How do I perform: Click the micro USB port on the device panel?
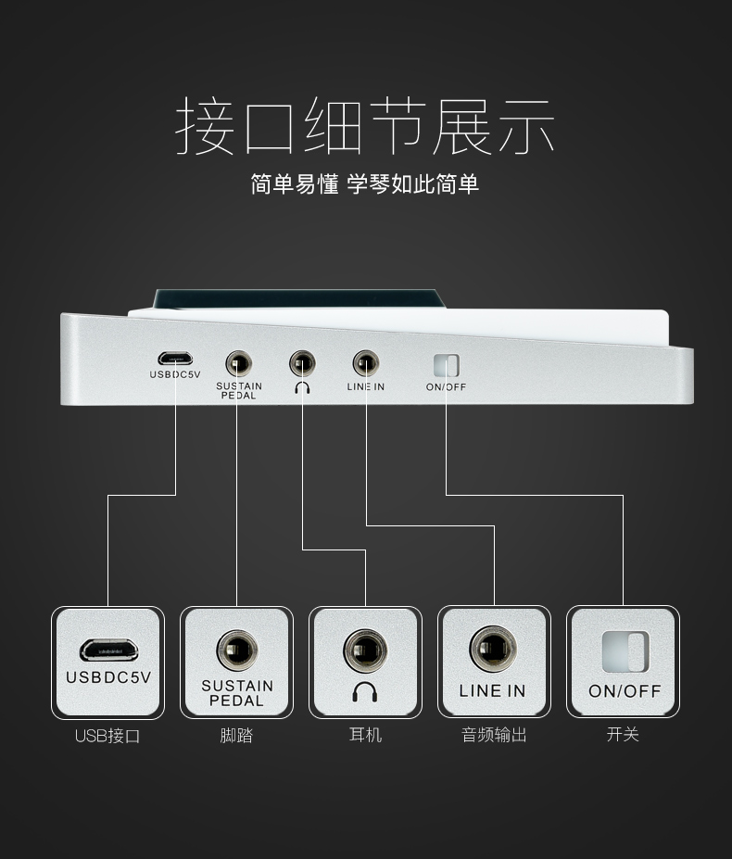tap(174, 359)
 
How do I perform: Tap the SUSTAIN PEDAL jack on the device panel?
tap(238, 361)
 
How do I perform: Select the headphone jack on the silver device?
tap(302, 360)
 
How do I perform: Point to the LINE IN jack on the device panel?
tap(365, 360)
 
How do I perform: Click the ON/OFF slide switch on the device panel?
tap(446, 364)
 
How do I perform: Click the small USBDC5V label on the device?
tap(174, 375)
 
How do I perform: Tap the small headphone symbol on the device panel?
tap(302, 386)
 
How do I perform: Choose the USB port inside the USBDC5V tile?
tap(107, 648)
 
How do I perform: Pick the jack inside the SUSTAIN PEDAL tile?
tap(237, 651)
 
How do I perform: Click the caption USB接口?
tap(107, 737)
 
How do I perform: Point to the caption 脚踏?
tap(236, 736)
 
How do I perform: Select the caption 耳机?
tap(365, 735)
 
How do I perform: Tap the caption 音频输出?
tap(494, 735)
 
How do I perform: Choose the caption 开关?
tap(623, 735)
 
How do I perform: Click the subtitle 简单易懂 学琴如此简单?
tap(365, 183)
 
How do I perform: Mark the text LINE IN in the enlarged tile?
tap(492, 690)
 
